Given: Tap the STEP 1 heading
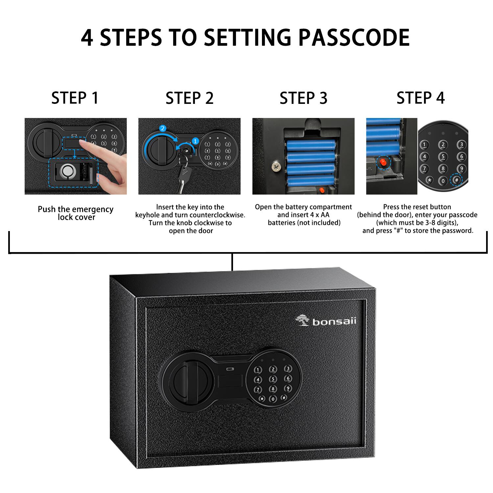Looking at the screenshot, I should click(x=75, y=98).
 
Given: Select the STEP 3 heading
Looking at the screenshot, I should click(x=303, y=98).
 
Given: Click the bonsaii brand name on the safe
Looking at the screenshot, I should click(x=334, y=322).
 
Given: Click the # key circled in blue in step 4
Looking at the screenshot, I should click(x=456, y=180).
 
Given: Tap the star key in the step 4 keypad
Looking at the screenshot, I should click(x=430, y=180).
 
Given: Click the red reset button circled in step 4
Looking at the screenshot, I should click(x=383, y=162).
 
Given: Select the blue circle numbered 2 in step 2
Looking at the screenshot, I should click(x=162, y=129).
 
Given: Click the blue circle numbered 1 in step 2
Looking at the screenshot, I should click(x=195, y=141).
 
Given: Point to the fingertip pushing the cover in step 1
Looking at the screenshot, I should click(x=82, y=145).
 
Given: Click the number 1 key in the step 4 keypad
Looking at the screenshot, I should click(x=424, y=145).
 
